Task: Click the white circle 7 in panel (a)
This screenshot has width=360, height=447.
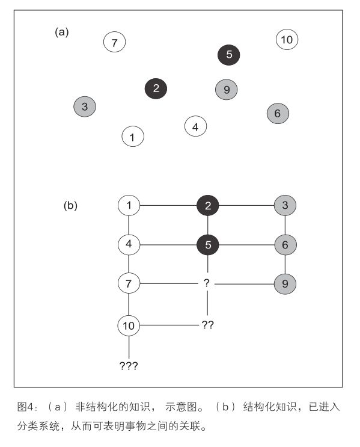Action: tap(115, 42)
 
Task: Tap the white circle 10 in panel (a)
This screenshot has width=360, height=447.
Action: tap(287, 39)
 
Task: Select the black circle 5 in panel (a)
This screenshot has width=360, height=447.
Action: tap(229, 55)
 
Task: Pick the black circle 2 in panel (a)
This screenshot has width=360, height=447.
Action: tap(156, 88)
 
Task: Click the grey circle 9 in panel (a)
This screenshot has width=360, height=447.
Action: tap(227, 90)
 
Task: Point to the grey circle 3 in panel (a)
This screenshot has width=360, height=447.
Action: tap(85, 106)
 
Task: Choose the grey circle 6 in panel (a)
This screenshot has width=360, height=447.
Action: tap(278, 113)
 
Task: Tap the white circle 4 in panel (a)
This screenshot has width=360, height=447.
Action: tap(195, 126)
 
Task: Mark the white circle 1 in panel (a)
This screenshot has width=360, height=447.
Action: tap(133, 137)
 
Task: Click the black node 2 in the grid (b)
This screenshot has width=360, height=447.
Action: tap(208, 206)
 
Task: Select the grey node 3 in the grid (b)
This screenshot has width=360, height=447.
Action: tap(285, 205)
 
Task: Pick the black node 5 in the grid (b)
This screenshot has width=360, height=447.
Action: tap(208, 245)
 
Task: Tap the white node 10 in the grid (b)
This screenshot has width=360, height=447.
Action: tap(129, 325)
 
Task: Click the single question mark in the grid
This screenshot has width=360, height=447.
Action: tap(207, 283)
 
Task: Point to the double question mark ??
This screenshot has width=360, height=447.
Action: tap(207, 325)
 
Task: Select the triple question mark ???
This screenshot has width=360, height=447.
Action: tap(129, 366)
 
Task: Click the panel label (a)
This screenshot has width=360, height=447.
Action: tap(62, 32)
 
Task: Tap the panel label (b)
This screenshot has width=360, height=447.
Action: tap(70, 205)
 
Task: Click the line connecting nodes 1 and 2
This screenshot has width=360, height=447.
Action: tap(168, 205)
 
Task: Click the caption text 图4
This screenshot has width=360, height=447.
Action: tap(26, 407)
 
